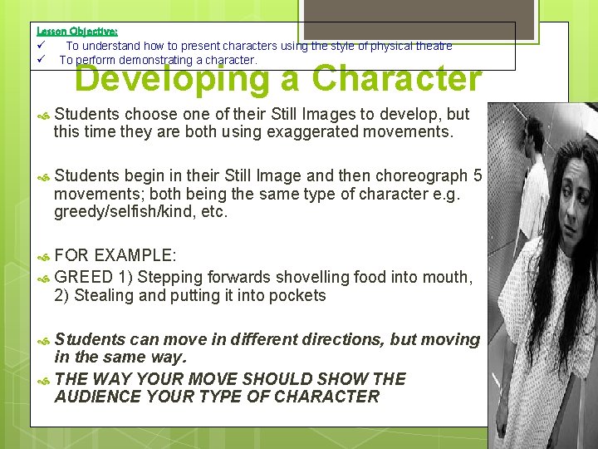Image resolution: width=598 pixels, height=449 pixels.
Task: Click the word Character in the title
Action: point(397,80)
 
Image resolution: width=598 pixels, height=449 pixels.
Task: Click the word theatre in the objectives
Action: point(433,46)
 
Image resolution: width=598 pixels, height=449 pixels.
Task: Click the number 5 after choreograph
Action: point(477,175)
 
